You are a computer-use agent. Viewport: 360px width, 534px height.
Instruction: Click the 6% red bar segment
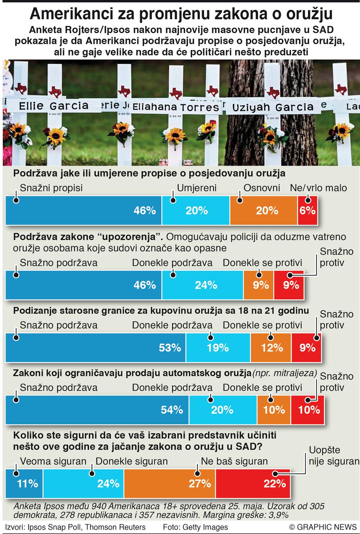(307, 211)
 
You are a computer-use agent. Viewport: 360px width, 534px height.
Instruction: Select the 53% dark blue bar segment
(95, 348)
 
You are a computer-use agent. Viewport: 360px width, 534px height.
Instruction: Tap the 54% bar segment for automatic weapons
(97, 409)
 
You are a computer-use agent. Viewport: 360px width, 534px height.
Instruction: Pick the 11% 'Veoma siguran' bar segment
(24, 483)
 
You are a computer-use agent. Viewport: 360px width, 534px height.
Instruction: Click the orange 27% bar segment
(170, 483)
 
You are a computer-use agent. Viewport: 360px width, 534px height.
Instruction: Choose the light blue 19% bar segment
(218, 348)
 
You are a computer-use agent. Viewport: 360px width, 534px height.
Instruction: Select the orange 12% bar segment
(271, 348)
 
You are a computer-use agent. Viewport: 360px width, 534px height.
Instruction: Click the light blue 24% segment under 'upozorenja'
(203, 285)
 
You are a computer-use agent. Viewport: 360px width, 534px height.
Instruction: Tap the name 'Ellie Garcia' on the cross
(53, 106)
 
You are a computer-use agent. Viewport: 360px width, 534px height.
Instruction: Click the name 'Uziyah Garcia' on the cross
(273, 107)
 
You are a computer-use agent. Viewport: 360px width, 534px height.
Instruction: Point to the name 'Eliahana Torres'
(176, 107)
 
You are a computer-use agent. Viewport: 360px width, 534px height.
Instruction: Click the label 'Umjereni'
(197, 188)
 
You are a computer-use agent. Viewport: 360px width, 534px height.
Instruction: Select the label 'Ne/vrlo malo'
(318, 188)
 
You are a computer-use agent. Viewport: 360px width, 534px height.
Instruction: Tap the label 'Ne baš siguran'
(234, 461)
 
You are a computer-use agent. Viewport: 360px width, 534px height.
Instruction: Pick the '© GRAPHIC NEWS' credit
(323, 527)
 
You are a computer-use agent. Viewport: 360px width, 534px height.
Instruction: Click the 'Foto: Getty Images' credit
(195, 527)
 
